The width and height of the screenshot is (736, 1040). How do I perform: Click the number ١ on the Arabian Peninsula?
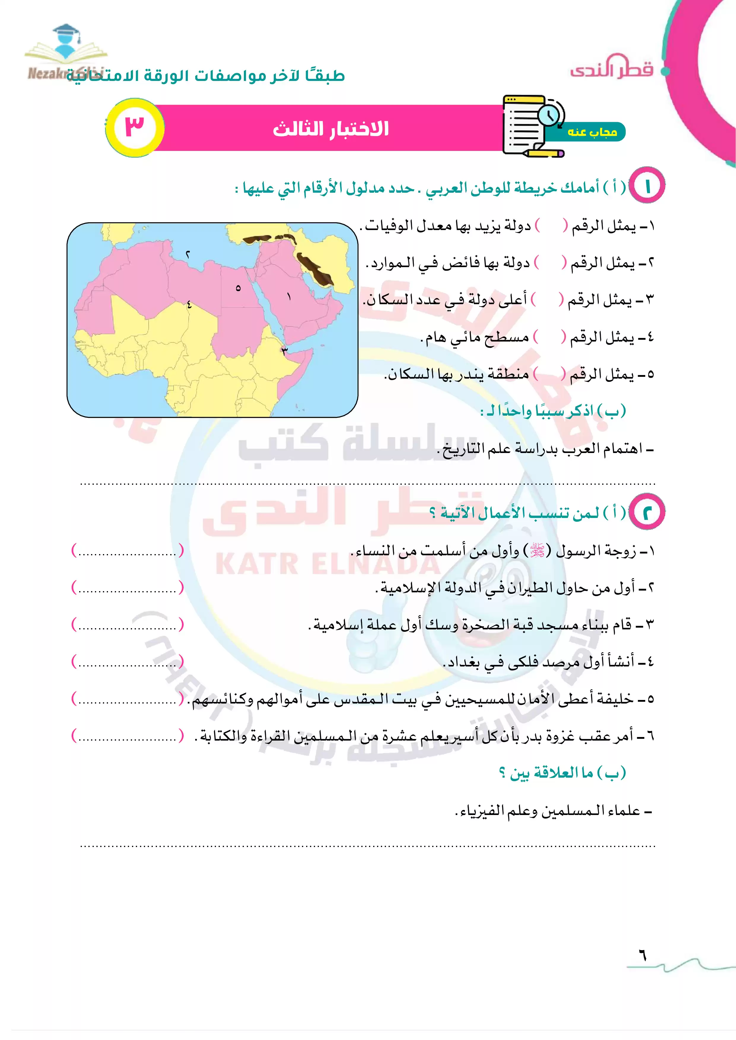(289, 297)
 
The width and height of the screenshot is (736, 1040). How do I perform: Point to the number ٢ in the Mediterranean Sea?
(187, 255)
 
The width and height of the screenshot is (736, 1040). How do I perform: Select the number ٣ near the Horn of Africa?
(284, 350)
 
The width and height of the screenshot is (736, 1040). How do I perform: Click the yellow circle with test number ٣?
(135, 128)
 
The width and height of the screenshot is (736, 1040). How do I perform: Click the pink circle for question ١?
(647, 186)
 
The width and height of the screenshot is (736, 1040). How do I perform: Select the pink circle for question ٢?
(647, 512)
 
